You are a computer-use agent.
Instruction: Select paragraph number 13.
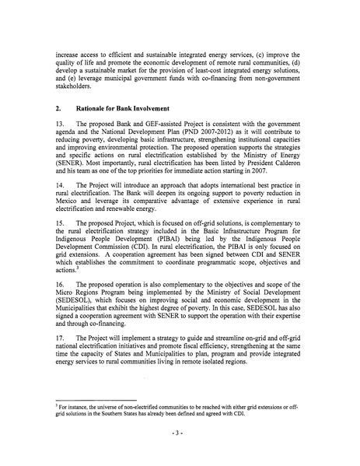58,124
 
